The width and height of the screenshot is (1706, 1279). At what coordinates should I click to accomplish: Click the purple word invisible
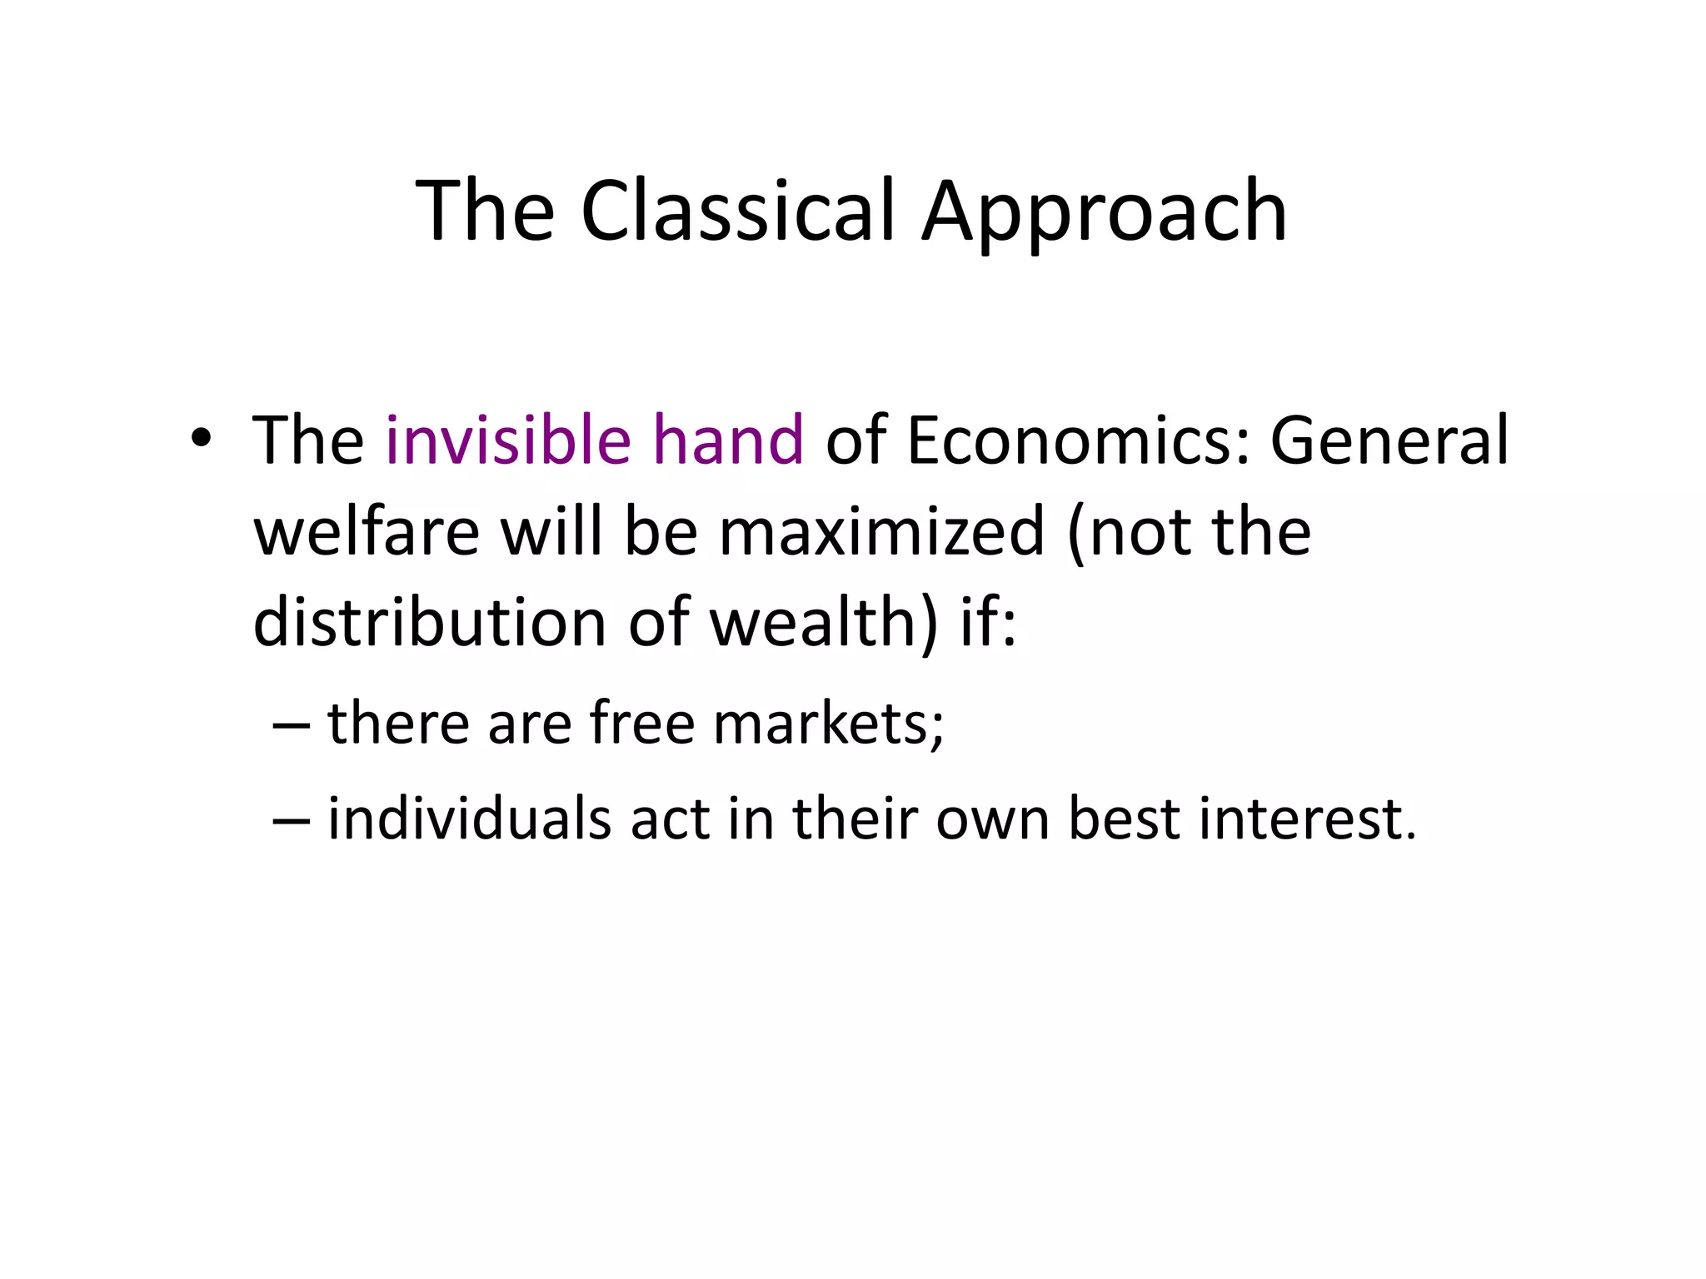point(508,440)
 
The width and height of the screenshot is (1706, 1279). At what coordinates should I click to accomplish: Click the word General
point(1389,440)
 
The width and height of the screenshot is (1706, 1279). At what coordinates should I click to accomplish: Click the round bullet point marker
point(200,439)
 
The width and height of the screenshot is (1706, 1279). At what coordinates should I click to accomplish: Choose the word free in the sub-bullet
point(642,723)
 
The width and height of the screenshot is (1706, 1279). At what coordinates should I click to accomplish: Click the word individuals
point(469,819)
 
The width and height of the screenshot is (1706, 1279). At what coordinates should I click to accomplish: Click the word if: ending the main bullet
point(988,622)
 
